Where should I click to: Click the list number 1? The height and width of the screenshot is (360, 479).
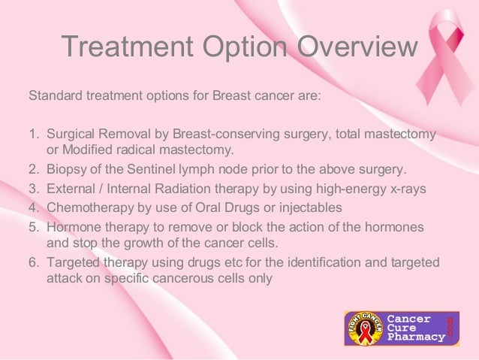pos(33,134)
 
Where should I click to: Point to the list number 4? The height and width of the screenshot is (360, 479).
pos(33,207)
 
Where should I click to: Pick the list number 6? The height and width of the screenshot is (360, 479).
pos(33,262)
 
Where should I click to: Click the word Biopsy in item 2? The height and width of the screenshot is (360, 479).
pos(65,168)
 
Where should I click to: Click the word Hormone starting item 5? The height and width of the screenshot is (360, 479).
pos(72,226)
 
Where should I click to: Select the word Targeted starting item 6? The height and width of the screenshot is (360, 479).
pos(71,262)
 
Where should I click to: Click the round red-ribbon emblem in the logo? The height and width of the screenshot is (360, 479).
pos(363,329)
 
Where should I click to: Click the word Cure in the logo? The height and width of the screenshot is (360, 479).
pos(402,328)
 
